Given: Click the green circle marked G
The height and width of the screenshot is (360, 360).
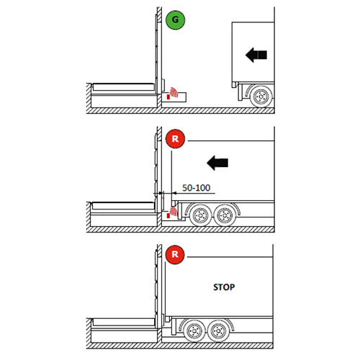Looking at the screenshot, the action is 176,20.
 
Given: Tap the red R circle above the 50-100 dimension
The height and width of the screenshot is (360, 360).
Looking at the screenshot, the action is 175,139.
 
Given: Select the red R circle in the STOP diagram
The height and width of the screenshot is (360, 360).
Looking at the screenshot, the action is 175,255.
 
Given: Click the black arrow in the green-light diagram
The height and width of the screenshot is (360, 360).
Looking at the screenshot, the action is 256,55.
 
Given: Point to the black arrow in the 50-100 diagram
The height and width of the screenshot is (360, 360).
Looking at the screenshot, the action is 217,163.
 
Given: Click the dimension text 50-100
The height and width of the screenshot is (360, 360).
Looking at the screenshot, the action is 197,188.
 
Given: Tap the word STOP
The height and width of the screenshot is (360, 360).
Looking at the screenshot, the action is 224,287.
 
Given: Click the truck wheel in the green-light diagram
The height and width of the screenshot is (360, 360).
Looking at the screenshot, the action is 261,96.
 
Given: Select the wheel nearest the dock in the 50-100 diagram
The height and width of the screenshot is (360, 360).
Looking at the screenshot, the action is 200,215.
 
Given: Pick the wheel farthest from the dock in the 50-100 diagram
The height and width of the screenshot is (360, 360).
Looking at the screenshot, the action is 225,215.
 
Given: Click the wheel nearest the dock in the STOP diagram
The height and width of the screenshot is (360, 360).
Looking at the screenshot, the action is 194,331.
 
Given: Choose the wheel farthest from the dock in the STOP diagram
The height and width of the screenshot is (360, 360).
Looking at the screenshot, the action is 218,331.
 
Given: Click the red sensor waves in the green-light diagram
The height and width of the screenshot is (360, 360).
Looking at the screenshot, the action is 174,92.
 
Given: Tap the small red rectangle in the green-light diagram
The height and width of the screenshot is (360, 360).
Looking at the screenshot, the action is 168,96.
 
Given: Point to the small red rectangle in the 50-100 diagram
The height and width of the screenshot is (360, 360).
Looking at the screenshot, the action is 168,216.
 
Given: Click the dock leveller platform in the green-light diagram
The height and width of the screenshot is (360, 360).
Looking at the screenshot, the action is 123,87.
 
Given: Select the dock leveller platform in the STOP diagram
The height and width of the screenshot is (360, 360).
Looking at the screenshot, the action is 123,322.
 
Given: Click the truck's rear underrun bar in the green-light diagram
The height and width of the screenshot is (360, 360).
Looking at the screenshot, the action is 240,92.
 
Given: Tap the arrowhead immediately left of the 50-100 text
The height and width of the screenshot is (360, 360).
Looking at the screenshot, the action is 174,193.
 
